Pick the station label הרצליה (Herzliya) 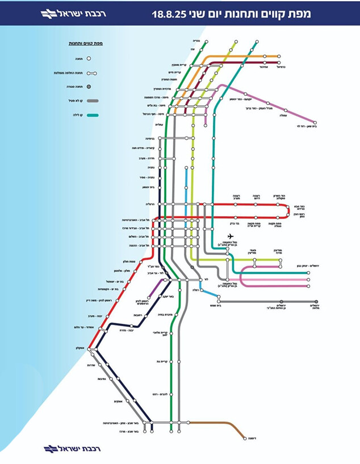(149, 204)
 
